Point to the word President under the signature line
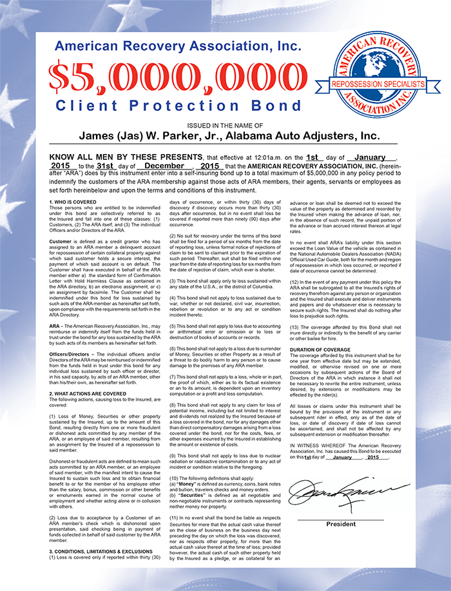click(x=341, y=525)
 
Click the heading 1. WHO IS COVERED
click(x=74, y=202)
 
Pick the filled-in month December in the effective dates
click(x=160, y=166)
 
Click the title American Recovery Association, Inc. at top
click(x=178, y=46)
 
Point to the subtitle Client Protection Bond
click(x=177, y=104)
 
